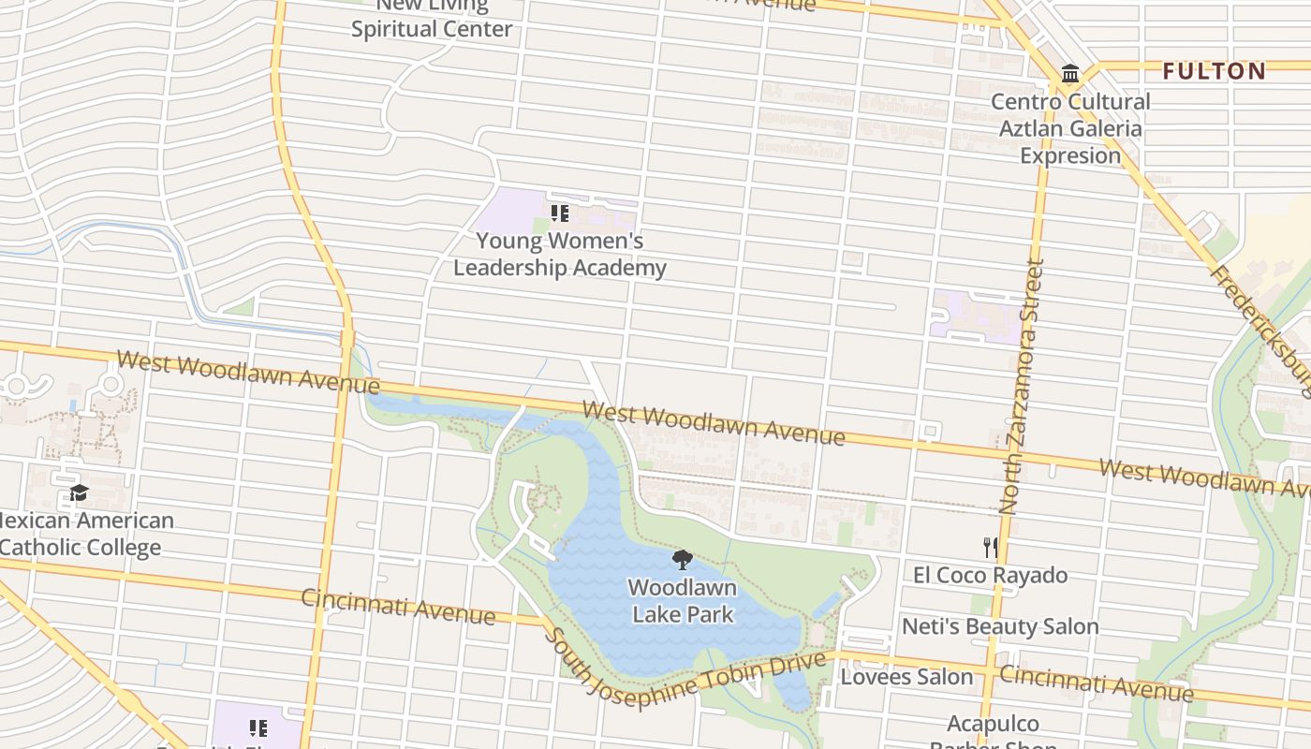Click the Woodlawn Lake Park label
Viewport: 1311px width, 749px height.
[x=683, y=601]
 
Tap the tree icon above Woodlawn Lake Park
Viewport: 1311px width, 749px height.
[x=683, y=560]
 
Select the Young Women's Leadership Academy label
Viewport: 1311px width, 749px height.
[x=560, y=254]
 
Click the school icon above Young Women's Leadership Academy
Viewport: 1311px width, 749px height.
[x=559, y=213]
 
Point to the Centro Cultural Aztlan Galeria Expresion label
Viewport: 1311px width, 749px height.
[x=1070, y=128]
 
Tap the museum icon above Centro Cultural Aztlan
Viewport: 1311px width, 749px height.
[x=1069, y=74]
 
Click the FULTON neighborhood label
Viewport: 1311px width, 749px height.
[x=1214, y=71]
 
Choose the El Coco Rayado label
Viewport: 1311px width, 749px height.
[x=990, y=575]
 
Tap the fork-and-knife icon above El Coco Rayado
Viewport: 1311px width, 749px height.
[x=990, y=547]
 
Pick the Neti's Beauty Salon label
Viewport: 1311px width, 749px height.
[x=999, y=626]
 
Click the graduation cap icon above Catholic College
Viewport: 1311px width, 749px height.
[x=79, y=493]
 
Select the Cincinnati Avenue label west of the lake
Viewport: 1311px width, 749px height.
[x=398, y=607]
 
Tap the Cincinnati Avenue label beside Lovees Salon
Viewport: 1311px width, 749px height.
[x=1096, y=682]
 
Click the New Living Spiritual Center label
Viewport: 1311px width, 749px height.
[x=432, y=19]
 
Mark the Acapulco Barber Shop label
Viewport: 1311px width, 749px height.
[x=993, y=730]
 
